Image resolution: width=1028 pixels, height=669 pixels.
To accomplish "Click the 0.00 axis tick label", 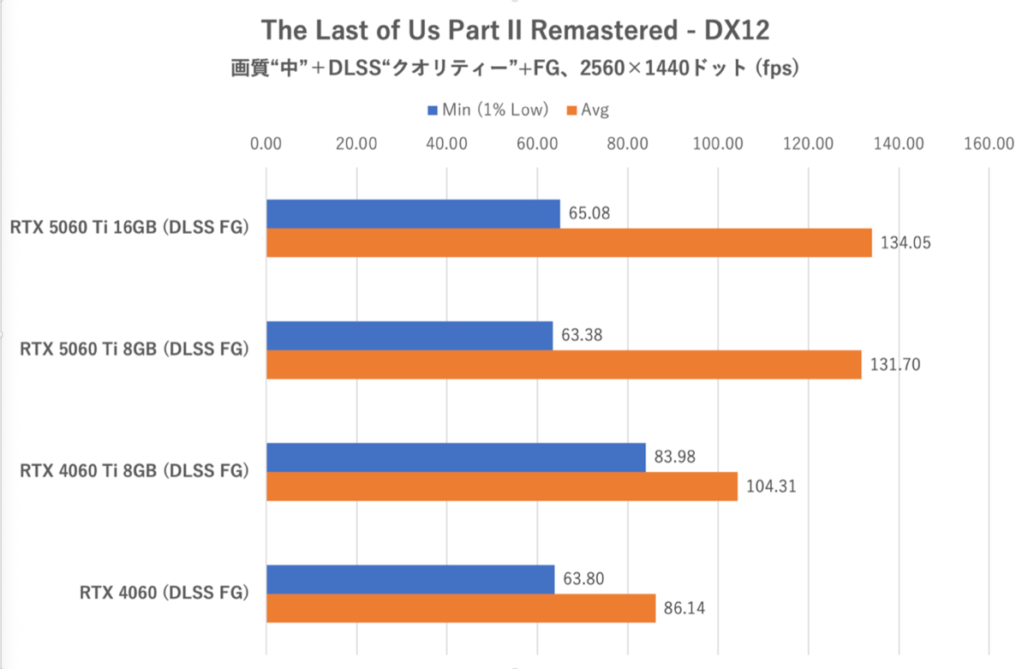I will pyautogui.click(x=267, y=144).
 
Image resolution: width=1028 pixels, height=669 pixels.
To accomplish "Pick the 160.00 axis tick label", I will pyautogui.click(x=989, y=144).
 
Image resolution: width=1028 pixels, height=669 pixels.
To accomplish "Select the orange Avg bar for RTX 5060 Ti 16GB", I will pyautogui.click(x=569, y=243).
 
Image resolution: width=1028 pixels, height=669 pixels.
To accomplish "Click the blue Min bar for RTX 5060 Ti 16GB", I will pyautogui.click(x=413, y=214).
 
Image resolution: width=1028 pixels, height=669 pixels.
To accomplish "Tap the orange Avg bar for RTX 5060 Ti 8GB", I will pyautogui.click(x=564, y=365).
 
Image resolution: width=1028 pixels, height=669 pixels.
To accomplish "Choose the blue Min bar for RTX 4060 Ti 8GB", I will pyautogui.click(x=456, y=457).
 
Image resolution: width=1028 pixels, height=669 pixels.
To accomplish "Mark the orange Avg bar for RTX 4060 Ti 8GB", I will pyautogui.click(x=502, y=487).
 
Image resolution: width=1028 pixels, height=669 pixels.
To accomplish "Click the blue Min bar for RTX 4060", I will pyautogui.click(x=410, y=579).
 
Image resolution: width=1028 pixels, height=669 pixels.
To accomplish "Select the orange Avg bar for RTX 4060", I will pyautogui.click(x=461, y=609).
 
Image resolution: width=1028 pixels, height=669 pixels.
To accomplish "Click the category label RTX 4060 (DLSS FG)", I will pyautogui.click(x=164, y=593).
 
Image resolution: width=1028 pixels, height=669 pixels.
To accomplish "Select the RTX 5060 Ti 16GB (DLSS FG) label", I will pyautogui.click(x=129, y=228).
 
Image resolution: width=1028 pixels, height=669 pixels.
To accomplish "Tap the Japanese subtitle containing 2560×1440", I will pyautogui.click(x=515, y=68).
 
